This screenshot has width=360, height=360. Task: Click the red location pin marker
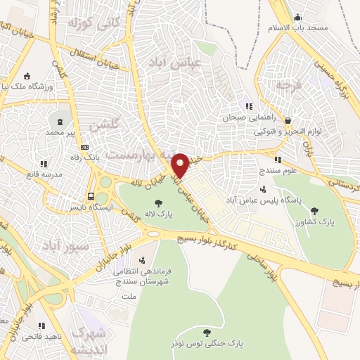180,165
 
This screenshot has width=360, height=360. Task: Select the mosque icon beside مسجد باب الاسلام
298,18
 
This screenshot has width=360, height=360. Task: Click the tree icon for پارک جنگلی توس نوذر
206,331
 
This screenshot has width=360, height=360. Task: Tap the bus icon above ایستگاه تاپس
91,196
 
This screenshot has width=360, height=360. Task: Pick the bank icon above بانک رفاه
86,147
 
